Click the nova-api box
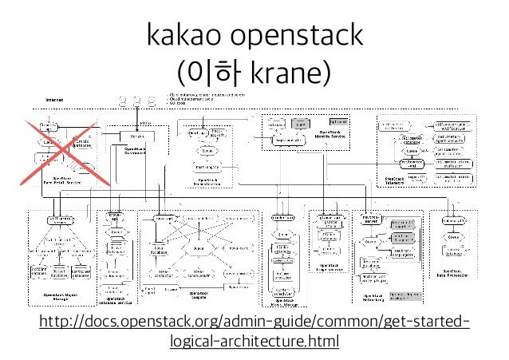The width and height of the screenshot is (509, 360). click(165, 217)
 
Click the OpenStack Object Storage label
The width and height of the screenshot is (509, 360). click(58, 296)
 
